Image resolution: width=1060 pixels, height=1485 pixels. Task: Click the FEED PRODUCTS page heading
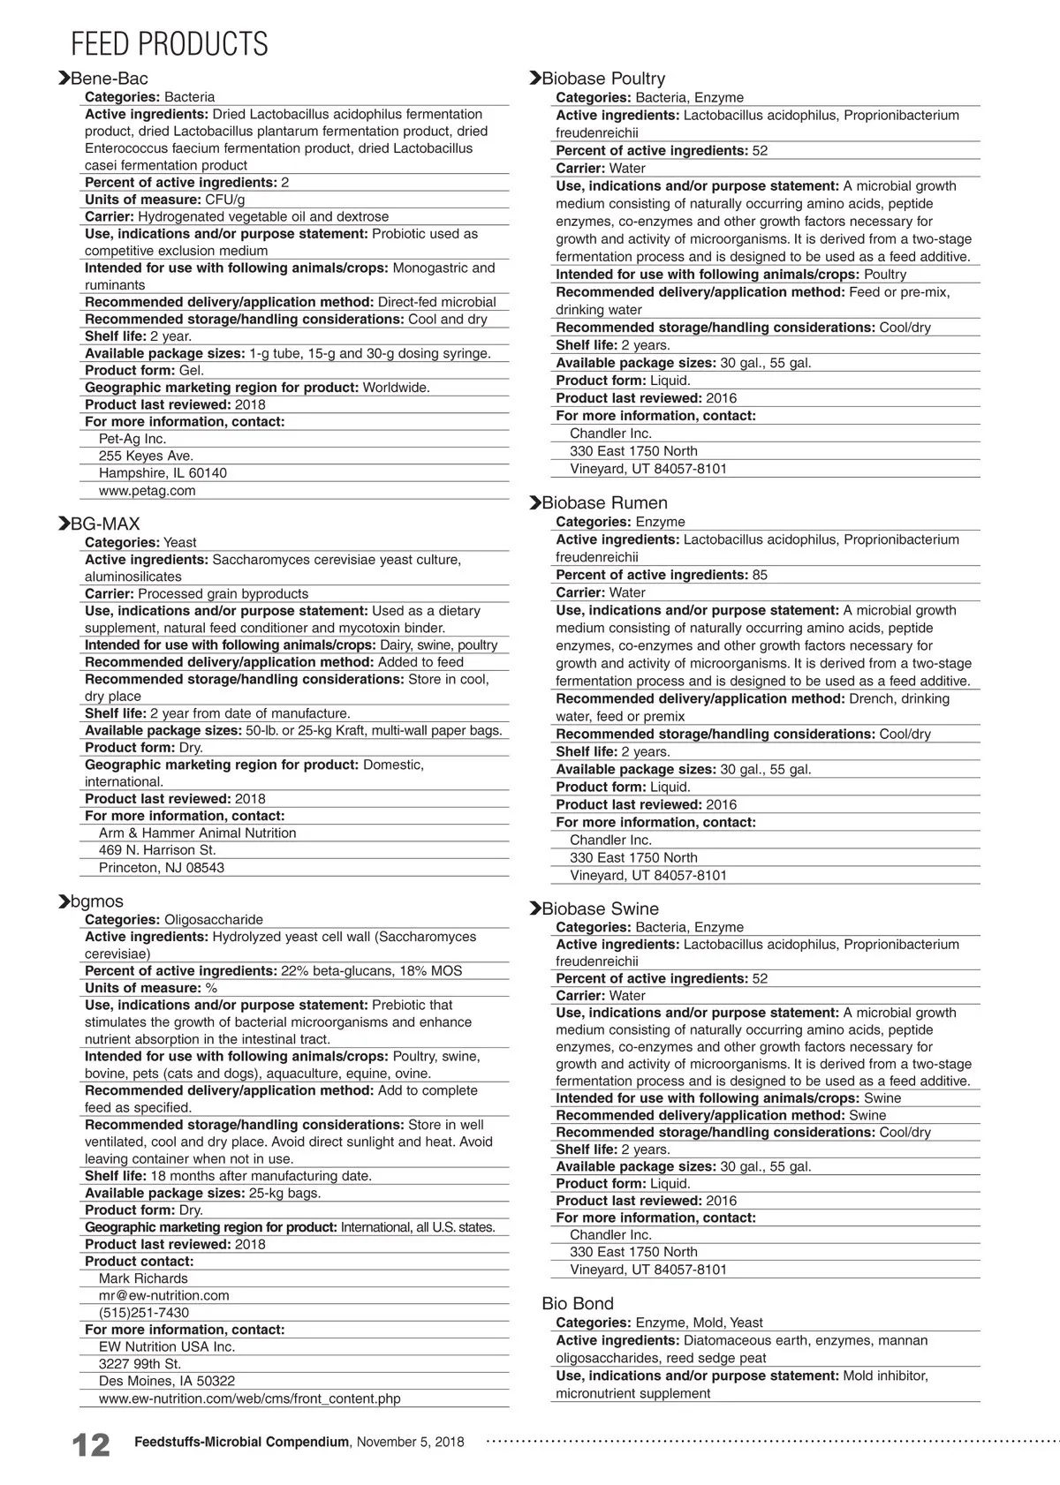[x=169, y=43]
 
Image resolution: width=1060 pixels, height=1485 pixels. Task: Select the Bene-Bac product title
[x=109, y=79]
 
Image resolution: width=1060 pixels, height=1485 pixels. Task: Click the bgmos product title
[x=96, y=901]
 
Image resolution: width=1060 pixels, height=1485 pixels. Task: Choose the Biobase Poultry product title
[x=602, y=79]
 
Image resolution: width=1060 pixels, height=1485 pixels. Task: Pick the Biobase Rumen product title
[x=604, y=503]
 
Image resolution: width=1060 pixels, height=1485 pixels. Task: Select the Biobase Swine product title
[x=600, y=909]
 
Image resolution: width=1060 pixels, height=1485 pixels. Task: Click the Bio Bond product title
[x=577, y=1304]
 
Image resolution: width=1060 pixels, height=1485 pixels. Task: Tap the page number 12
[x=90, y=1445]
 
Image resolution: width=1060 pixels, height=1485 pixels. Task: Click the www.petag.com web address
[x=147, y=491]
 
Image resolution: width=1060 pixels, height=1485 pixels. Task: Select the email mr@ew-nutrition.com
[x=163, y=1295]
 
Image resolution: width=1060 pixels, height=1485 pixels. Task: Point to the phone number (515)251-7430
[x=143, y=1313]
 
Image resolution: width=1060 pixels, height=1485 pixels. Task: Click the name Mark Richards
[x=143, y=1278]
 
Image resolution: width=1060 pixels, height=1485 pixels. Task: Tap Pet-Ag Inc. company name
[x=132, y=439]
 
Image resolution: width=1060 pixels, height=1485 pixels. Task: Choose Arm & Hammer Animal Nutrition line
[x=197, y=833]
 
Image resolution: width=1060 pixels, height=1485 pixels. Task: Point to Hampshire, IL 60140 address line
[x=163, y=473]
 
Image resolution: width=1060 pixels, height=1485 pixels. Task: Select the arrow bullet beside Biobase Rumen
[x=534, y=503]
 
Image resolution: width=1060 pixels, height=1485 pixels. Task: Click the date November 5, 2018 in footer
[x=410, y=1442]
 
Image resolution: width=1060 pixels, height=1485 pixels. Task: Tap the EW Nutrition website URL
[x=249, y=1398]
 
